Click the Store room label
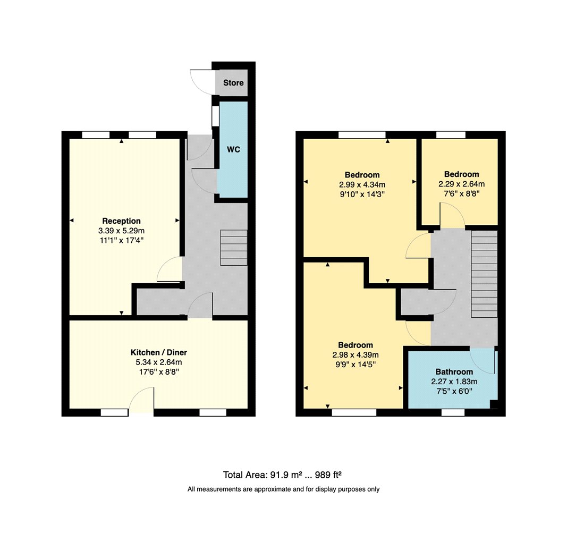[x=233, y=83]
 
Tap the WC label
[x=233, y=149]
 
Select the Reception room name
[x=122, y=221]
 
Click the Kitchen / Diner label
[x=159, y=352]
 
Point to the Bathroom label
[x=454, y=372]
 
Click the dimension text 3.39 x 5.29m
[x=122, y=231]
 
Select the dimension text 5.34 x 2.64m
[x=159, y=362]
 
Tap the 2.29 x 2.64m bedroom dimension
[x=462, y=184]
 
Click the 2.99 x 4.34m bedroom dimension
[x=362, y=184]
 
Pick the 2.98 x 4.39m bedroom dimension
[x=356, y=355]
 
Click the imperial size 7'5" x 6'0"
[x=454, y=391]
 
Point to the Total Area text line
[x=282, y=475]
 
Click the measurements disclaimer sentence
[x=284, y=489]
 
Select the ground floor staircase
[x=234, y=248]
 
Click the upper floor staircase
[x=484, y=274]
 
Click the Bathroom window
[x=453, y=412]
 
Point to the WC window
[x=216, y=116]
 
